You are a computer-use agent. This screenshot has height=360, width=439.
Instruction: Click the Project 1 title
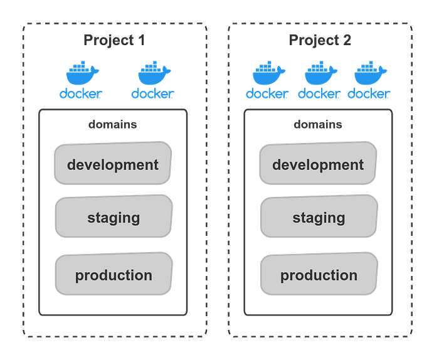click(114, 40)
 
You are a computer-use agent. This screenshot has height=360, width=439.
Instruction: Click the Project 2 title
click(320, 40)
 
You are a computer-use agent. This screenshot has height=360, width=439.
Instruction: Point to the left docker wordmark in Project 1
click(80, 94)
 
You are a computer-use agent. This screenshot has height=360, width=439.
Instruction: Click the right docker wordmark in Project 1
click(152, 94)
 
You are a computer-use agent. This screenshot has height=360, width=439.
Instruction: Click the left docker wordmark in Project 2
click(268, 94)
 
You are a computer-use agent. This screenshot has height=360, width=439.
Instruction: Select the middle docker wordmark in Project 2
click(319, 94)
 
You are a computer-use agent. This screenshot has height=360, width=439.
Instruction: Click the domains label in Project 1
click(112, 124)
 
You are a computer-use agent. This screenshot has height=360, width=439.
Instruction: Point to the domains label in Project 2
click(318, 124)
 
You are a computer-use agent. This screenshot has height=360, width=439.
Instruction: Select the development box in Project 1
click(113, 164)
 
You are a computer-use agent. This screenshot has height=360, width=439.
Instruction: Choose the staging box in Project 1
click(113, 217)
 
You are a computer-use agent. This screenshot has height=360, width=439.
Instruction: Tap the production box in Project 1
click(114, 275)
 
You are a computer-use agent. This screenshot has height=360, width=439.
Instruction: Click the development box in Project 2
click(318, 164)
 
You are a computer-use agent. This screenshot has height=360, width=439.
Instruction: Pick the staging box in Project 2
click(319, 217)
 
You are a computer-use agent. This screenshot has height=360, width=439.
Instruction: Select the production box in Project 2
click(319, 275)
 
